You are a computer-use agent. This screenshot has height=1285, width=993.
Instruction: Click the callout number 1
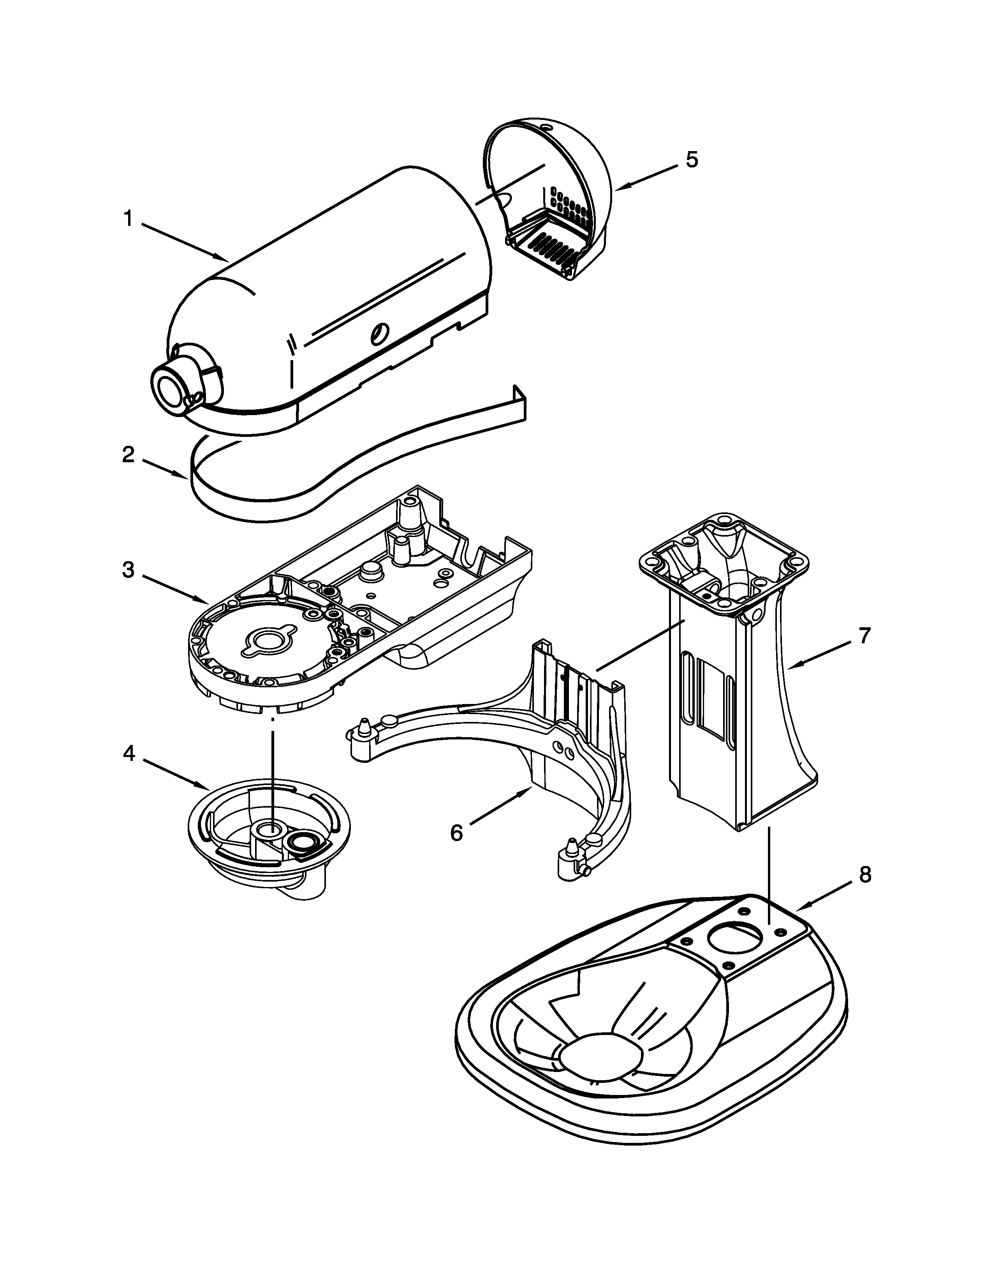[128, 219]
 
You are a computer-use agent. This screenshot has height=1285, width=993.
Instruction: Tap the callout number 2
[128, 454]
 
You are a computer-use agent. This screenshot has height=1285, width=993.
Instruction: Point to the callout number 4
[128, 753]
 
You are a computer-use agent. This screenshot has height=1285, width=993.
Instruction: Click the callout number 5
[692, 159]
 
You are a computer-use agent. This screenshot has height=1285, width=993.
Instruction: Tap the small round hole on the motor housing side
[378, 334]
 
